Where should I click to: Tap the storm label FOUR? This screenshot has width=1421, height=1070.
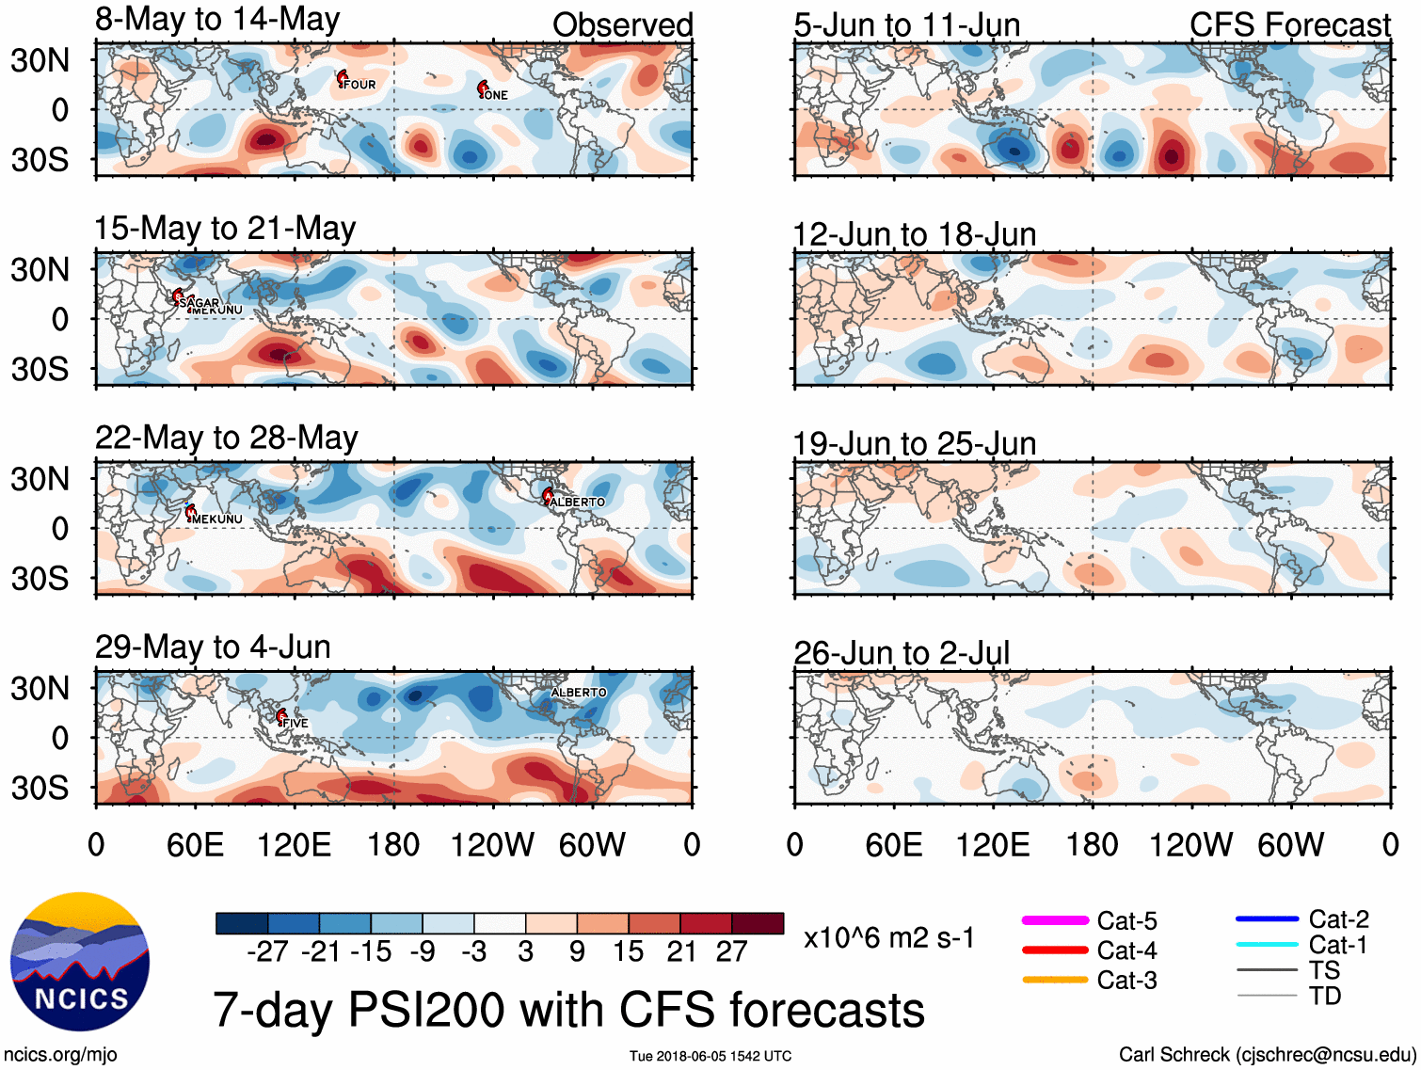359,85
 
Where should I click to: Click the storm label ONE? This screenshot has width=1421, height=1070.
496,95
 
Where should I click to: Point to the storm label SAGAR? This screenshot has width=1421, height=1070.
199,302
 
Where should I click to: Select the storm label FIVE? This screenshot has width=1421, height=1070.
295,723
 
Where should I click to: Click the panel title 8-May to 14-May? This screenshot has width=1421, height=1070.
217,20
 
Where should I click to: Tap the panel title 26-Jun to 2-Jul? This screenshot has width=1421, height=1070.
902,652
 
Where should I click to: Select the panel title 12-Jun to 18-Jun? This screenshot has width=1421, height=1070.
914,234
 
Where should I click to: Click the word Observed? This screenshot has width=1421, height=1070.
622,25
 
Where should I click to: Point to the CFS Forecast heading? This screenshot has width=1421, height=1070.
1289,25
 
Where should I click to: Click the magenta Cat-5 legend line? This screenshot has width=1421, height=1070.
1055,920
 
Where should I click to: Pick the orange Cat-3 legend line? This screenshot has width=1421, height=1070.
1055,980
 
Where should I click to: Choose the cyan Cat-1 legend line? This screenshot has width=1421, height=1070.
1267,945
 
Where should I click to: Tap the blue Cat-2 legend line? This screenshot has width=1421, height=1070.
1267,918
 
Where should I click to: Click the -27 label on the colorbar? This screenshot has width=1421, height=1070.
267,951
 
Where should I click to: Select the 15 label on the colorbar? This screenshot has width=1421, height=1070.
629,951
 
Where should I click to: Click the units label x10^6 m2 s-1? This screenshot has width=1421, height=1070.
888,937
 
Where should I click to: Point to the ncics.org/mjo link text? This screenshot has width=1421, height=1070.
60,1054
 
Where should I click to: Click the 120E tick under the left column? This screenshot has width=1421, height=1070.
294,844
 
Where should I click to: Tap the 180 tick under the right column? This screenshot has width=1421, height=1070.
1092,844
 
